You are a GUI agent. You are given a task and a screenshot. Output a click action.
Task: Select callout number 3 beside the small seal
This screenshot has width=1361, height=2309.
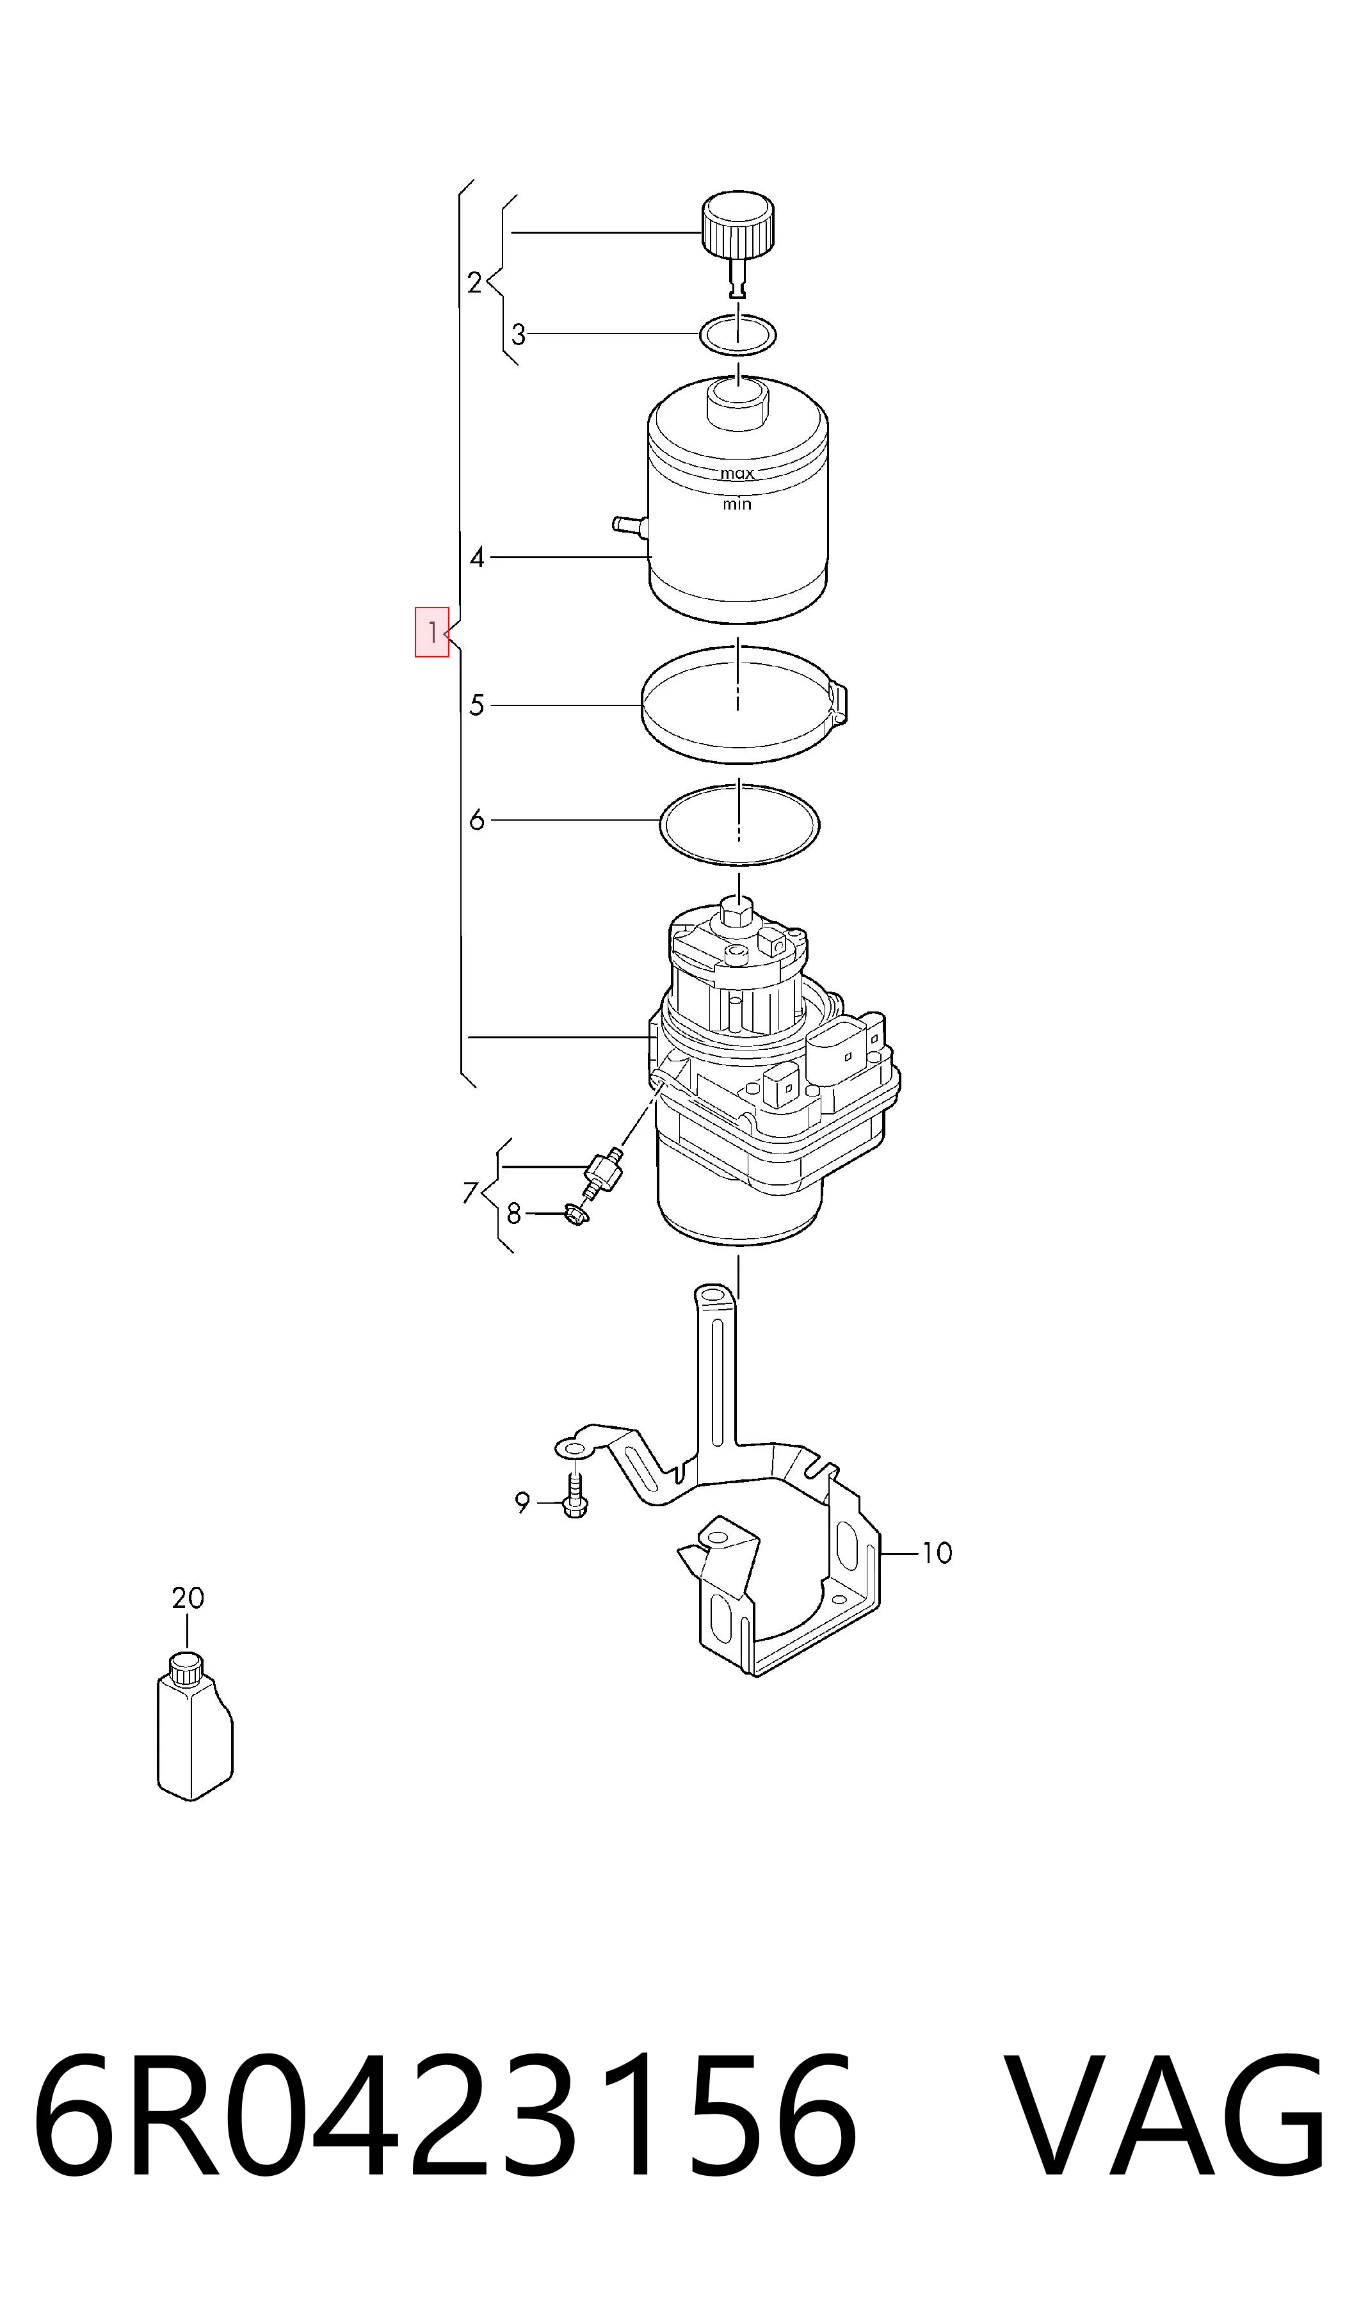tap(518, 335)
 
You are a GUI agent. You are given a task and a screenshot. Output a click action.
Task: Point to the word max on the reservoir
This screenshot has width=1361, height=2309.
tap(737, 474)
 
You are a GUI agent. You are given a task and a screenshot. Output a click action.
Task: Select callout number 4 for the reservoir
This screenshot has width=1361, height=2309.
tap(477, 557)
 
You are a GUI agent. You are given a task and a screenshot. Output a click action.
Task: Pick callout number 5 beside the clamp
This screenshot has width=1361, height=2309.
tap(477, 705)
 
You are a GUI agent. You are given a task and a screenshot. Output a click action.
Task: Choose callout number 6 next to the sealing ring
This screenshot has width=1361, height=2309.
tap(477, 820)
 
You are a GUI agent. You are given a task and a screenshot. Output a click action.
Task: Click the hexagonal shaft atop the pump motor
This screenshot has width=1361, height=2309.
tap(737, 913)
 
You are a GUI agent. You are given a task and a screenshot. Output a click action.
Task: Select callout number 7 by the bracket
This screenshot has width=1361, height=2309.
tap(471, 1193)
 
